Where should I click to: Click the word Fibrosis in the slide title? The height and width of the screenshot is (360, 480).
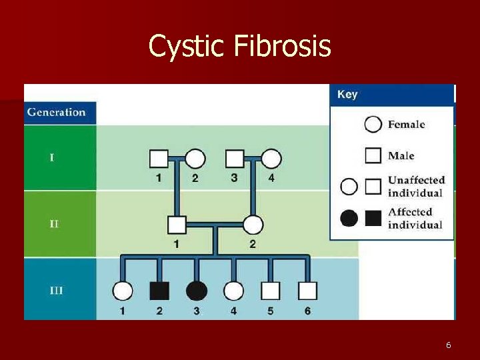pyautogui.click(x=282, y=47)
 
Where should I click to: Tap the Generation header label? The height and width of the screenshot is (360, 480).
pyautogui.click(x=57, y=112)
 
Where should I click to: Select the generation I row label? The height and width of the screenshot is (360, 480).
pyautogui.click(x=52, y=158)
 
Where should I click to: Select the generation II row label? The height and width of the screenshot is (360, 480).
pyautogui.click(x=54, y=224)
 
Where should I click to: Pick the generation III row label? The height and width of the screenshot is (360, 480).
pyautogui.click(x=56, y=291)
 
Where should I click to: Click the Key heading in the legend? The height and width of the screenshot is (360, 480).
pyautogui.click(x=347, y=95)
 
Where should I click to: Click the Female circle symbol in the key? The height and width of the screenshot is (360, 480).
pyautogui.click(x=374, y=124)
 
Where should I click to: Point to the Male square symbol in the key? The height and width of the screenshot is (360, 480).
pyautogui.click(x=374, y=155)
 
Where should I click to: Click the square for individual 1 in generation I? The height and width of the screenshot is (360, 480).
pyautogui.click(x=158, y=159)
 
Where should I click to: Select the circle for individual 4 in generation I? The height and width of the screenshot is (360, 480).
pyautogui.click(x=271, y=159)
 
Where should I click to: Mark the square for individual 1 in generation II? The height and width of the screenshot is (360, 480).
pyautogui.click(x=177, y=225)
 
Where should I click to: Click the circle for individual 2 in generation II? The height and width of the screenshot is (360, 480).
pyautogui.click(x=253, y=225)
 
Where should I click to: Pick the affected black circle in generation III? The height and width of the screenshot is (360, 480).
pyautogui.click(x=197, y=291)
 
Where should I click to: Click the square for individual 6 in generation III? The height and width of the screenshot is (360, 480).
pyautogui.click(x=307, y=291)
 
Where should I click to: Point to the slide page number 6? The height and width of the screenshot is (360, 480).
pyautogui.click(x=448, y=345)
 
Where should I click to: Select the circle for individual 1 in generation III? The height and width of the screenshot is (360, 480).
pyautogui.click(x=123, y=291)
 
